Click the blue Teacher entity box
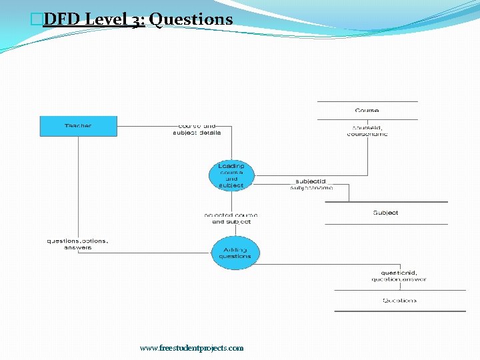tap(79, 126)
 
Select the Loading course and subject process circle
tap(231, 175)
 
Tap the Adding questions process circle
tap(235, 253)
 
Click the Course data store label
tap(367, 111)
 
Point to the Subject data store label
tap(385, 213)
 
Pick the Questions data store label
tap(399, 301)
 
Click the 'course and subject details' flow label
tap(197, 129)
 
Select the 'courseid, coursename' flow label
tap(367, 131)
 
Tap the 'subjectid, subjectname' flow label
tap(311, 184)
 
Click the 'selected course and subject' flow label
tap(231, 218)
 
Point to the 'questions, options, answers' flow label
tap(78, 244)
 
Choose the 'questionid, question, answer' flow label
tap(399, 276)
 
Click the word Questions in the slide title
tap(191, 19)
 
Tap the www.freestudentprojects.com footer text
tap(191, 348)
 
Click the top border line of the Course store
tap(367, 101)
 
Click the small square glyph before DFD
tap(37, 19)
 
